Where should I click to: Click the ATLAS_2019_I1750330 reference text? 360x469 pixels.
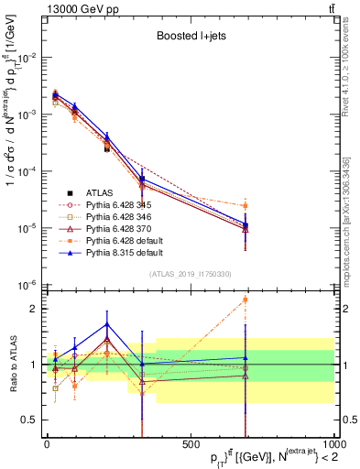[190, 275]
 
